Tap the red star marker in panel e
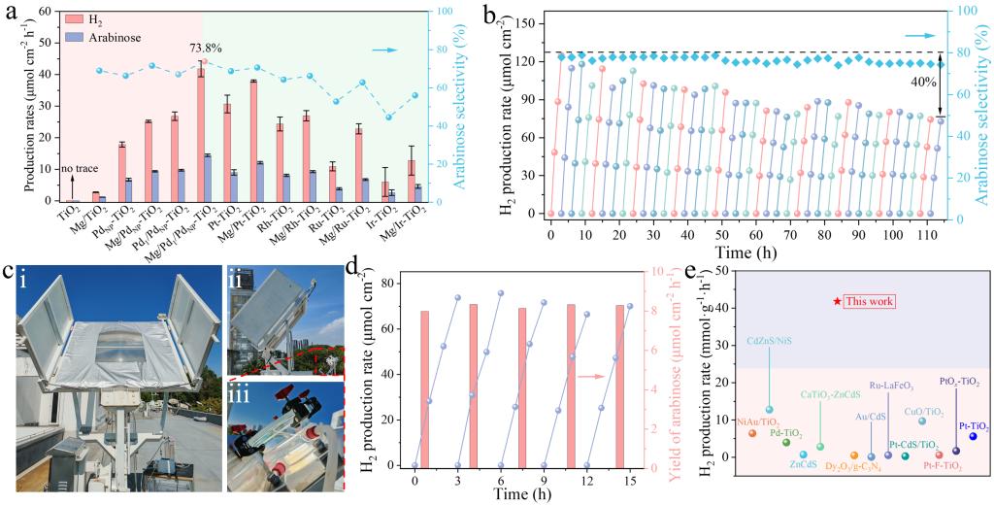(836, 301)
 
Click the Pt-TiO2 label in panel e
(974, 425)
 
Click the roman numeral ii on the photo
(235, 277)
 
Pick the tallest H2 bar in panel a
(201, 136)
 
